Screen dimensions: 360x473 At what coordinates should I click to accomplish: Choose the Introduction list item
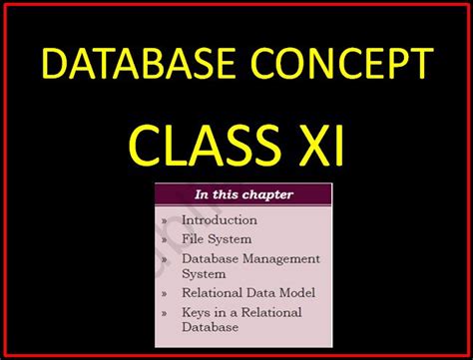(x=219, y=219)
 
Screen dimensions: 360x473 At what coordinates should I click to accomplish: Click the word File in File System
(x=193, y=239)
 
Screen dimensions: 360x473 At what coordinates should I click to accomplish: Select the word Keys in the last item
(x=197, y=312)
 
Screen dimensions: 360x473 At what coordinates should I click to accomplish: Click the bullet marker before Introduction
(x=165, y=220)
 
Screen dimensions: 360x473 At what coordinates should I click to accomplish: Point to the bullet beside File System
(x=165, y=240)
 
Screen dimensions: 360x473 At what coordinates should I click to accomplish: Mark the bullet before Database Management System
(x=165, y=259)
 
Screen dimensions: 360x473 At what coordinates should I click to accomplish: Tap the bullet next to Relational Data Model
(x=165, y=293)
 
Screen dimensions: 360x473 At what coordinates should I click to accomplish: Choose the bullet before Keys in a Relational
(x=165, y=313)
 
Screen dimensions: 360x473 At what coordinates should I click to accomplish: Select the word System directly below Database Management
(x=203, y=272)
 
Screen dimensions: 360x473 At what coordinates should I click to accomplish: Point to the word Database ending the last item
(x=210, y=326)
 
